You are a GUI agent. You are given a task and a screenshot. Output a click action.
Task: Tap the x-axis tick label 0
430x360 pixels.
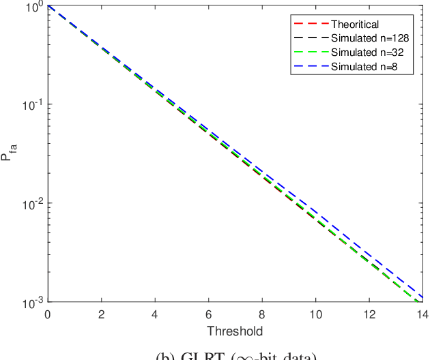coord(47,314)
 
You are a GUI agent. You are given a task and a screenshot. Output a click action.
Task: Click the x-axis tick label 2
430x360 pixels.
coord(101,314)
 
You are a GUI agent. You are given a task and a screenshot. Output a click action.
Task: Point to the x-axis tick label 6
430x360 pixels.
coord(207,314)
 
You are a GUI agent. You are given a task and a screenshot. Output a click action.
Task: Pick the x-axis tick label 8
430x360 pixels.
coord(261,314)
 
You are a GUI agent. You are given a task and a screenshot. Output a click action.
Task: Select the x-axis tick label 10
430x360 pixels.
coord(315,314)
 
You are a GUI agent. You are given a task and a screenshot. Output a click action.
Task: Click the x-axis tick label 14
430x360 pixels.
coord(421,314)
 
